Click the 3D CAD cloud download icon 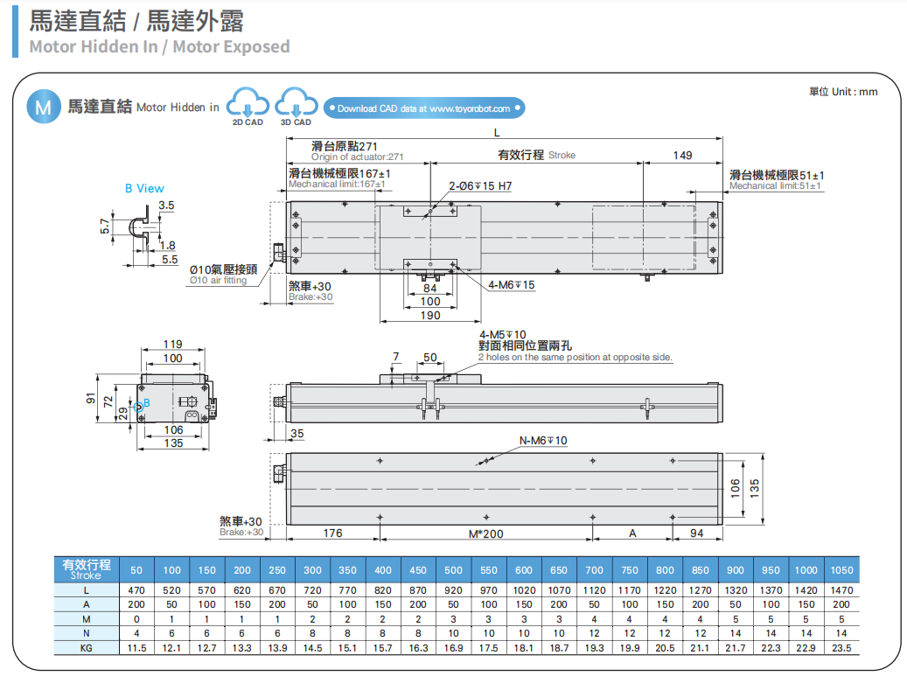coord(295,105)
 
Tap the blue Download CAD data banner coord(424,108)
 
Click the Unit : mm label coord(842,92)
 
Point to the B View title coord(143,188)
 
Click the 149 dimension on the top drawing coord(682,155)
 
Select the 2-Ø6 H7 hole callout coord(480,186)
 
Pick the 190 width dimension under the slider coord(430,316)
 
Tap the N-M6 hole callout coord(543,440)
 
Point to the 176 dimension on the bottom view coord(332,533)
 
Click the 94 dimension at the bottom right coord(697,533)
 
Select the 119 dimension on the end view coord(173,344)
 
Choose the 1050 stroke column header coord(841,570)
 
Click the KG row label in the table coord(86,648)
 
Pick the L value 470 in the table coord(136,590)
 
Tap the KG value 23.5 coord(841,648)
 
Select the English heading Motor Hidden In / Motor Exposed coord(159,46)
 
